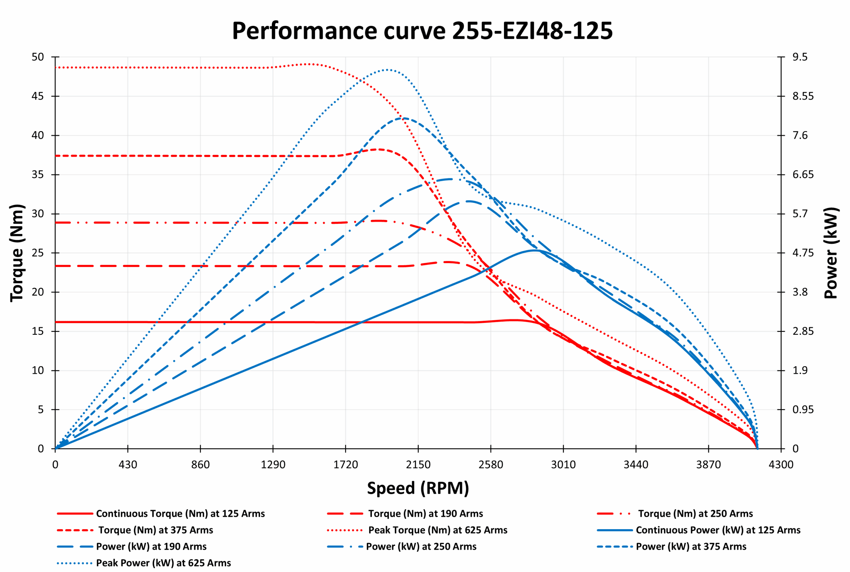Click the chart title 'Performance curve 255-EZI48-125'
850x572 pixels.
click(422, 31)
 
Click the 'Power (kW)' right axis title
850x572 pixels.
click(831, 253)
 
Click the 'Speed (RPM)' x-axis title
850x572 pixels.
click(418, 488)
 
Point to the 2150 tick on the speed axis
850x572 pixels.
click(418, 465)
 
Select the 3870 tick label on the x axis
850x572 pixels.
click(709, 465)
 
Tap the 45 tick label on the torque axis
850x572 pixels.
click(38, 96)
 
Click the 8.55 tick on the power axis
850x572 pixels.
click(803, 96)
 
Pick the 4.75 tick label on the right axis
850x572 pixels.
click(803, 253)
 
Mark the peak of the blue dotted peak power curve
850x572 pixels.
click(387, 69)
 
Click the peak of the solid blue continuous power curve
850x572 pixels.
click(535, 250)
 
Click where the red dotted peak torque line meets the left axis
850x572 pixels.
click(56, 67)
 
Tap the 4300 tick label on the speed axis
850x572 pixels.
click(781, 465)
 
